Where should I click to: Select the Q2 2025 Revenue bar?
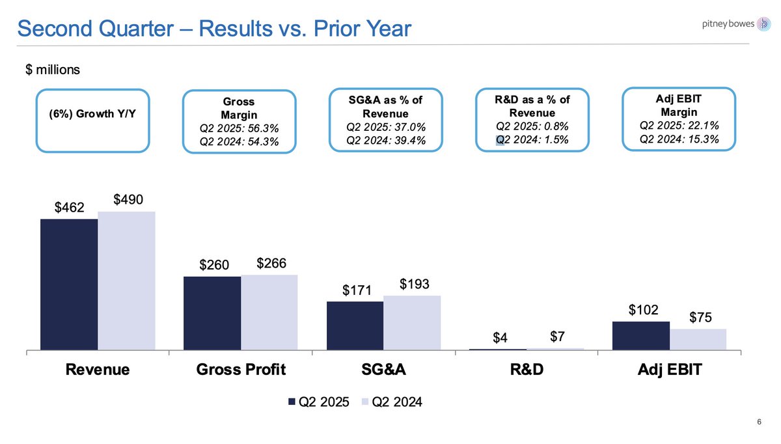coord(69,285)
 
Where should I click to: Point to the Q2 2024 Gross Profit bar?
coord(269,312)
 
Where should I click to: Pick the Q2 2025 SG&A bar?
coord(355,326)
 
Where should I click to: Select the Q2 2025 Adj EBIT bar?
coord(641,336)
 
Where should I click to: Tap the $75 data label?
coord(700,318)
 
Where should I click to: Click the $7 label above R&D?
coord(557,337)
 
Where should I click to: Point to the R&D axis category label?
coord(526,370)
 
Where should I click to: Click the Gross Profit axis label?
coord(241,370)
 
